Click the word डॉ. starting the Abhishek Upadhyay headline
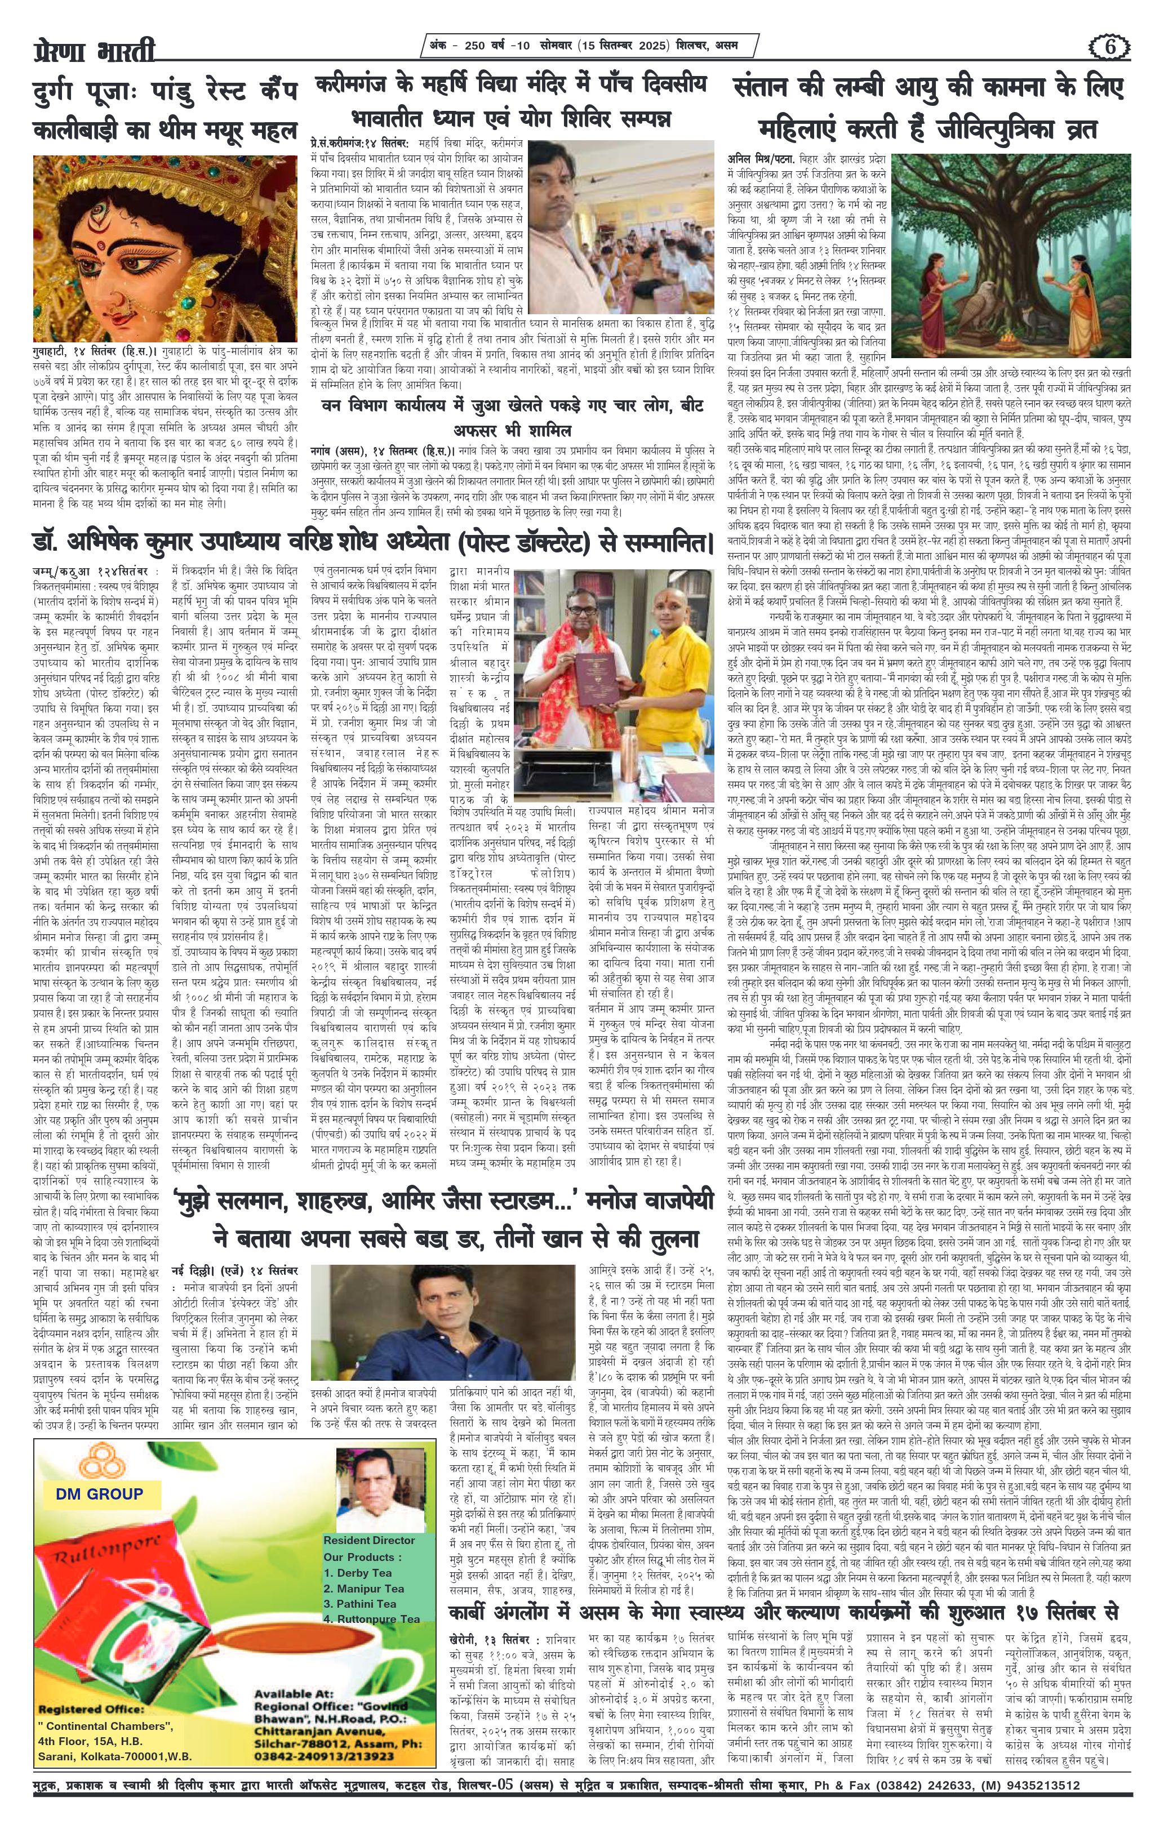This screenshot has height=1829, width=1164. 47,542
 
